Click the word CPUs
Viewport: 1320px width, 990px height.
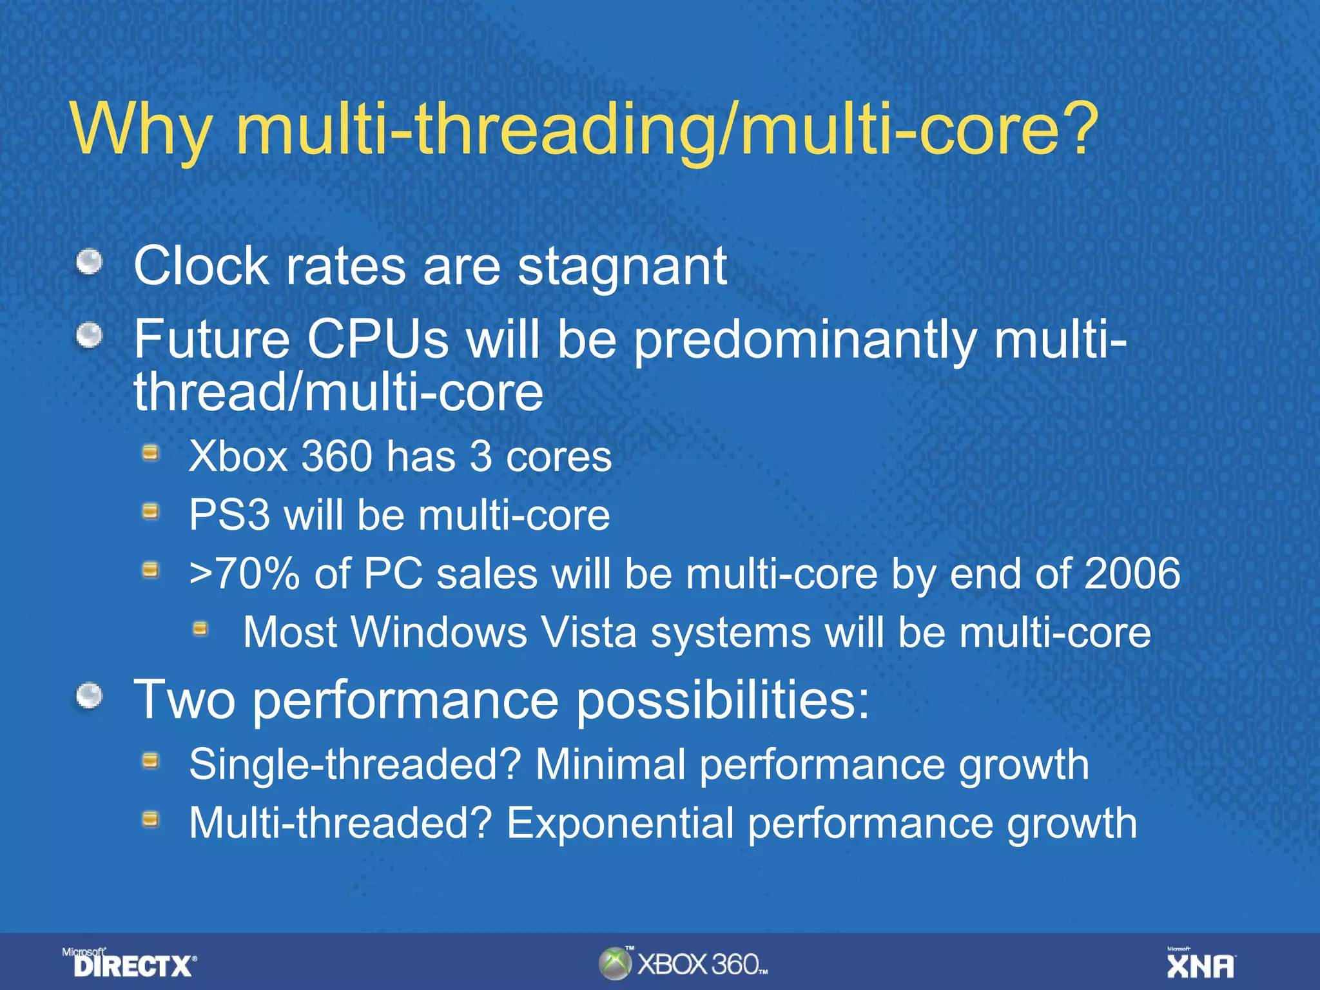point(377,340)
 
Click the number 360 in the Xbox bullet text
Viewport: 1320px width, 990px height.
point(337,456)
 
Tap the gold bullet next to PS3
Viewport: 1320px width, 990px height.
point(150,512)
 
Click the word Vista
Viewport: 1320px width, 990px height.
point(588,632)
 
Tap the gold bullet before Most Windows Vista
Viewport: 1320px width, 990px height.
point(200,628)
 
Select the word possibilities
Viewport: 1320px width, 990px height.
point(722,701)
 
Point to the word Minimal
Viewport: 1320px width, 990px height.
point(610,765)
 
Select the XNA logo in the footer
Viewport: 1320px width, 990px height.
point(1200,964)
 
